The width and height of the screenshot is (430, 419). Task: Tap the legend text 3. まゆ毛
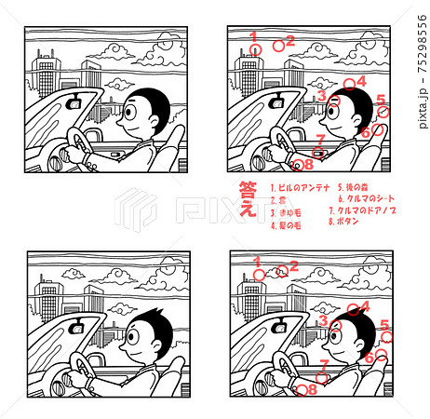283,212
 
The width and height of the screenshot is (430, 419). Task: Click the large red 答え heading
248,199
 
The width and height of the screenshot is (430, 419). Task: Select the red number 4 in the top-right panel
361,81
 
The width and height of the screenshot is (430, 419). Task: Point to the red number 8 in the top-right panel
308,166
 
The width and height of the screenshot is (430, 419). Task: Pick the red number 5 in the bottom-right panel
383,324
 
